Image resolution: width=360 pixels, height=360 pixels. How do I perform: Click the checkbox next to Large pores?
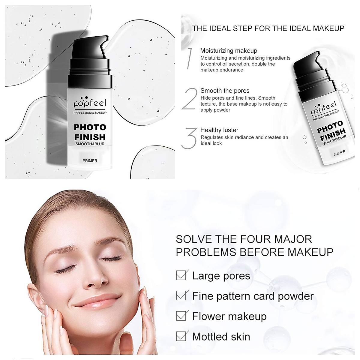(181, 275)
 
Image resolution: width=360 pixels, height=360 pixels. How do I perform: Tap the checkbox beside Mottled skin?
(181, 336)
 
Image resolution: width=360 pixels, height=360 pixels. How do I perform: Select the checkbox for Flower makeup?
(181, 316)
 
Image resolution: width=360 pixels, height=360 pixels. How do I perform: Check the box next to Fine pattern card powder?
(181, 296)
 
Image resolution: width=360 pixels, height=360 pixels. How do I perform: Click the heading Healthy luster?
(219, 130)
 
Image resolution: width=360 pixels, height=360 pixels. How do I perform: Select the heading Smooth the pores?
(225, 91)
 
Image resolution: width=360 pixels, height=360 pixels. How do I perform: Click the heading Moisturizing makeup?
(229, 51)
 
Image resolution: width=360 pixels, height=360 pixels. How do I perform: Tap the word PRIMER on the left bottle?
(90, 161)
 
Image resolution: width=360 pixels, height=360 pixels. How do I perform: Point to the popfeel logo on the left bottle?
(90, 103)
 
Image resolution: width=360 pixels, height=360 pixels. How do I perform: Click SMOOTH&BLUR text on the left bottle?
(90, 144)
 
